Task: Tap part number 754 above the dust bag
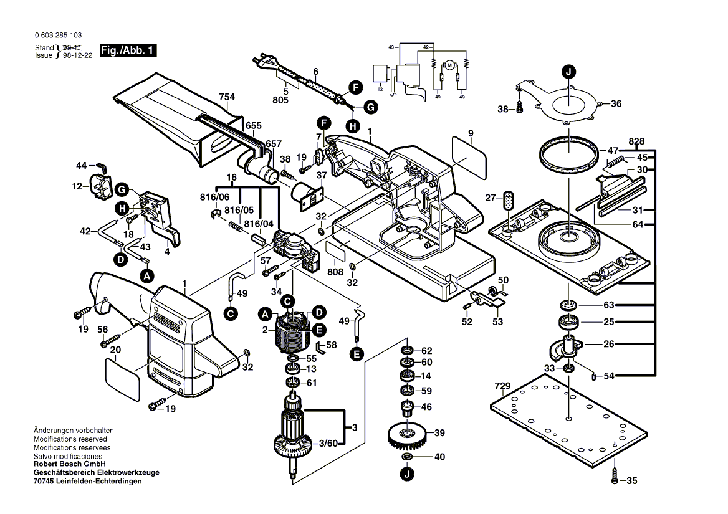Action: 228,97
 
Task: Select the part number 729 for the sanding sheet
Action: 502,386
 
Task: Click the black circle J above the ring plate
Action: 568,71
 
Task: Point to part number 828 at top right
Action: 636,141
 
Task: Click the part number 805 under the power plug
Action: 280,100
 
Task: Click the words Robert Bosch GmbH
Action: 69,464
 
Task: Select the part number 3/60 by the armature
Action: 328,444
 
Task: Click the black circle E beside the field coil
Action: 318,330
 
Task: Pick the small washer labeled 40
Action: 407,458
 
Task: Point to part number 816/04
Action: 259,224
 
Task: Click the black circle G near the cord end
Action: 370,108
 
